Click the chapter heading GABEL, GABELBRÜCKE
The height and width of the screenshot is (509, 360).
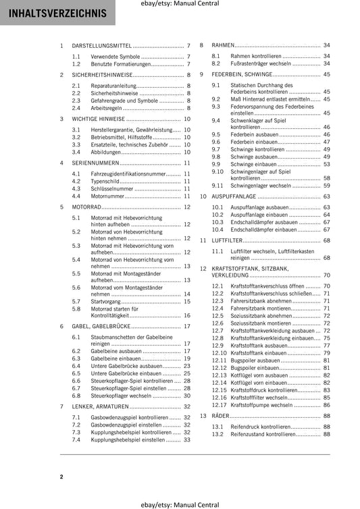coord(101,325)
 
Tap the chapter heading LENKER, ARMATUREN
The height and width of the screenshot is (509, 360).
coord(100,407)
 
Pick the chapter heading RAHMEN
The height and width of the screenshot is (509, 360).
coord(223,45)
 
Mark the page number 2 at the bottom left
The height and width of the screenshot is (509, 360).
coord(61,477)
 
